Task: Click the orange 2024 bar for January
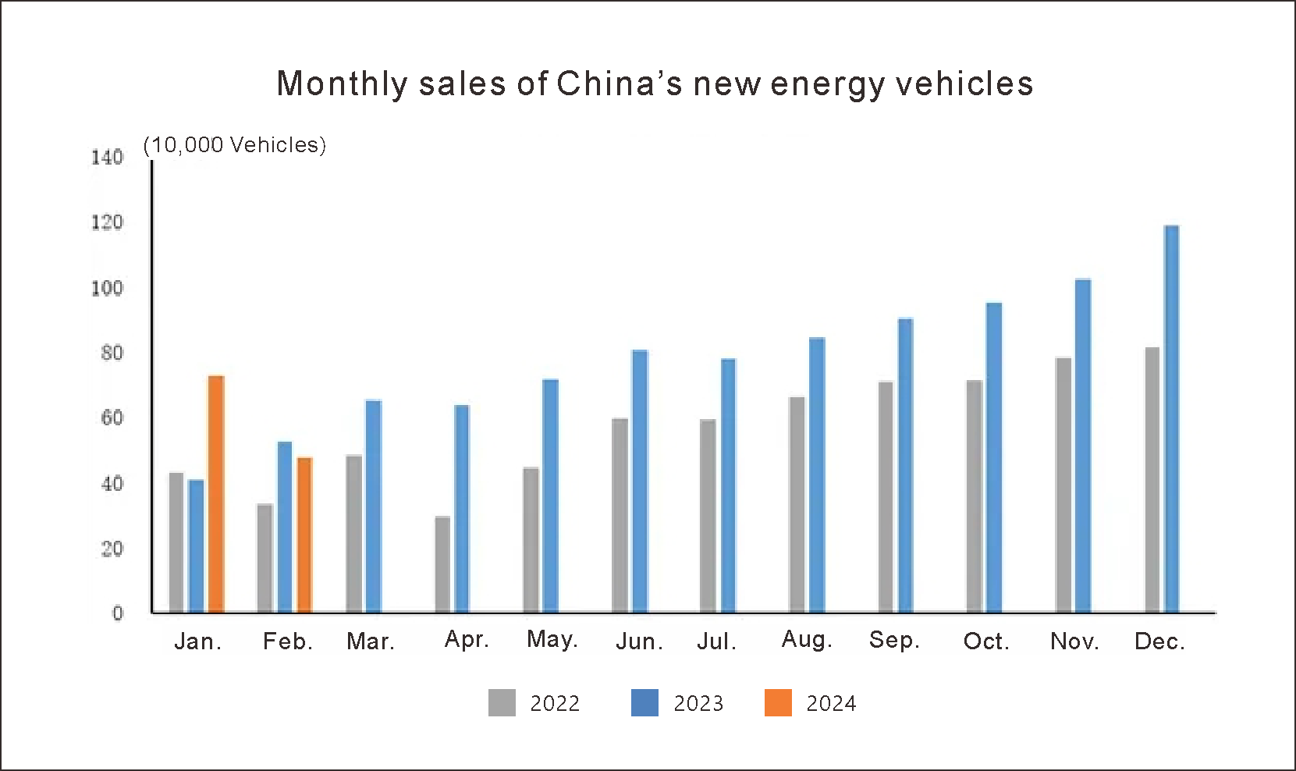216,494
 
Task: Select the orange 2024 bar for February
304,535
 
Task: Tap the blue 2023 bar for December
1171,419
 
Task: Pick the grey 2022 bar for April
442,564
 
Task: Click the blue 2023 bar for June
640,481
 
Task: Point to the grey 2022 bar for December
1152,480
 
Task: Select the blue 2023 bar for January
196,546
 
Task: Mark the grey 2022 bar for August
797,505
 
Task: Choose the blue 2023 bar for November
1083,446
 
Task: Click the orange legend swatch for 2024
778,703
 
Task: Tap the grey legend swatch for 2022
502,703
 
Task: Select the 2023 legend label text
698,704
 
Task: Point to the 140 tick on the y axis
107,158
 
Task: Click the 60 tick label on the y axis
112,418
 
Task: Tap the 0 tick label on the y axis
118,613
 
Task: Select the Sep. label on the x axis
894,640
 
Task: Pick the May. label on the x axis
552,639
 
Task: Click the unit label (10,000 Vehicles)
235,145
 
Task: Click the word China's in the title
620,84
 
